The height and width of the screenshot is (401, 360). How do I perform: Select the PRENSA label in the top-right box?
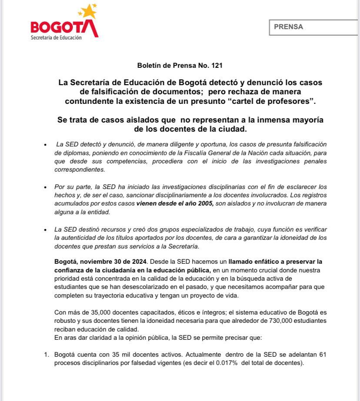(x=288, y=27)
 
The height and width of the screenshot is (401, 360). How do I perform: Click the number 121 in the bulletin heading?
(x=217, y=66)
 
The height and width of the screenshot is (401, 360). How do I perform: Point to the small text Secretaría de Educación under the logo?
(x=56, y=38)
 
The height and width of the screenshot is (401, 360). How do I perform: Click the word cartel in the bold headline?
(x=246, y=102)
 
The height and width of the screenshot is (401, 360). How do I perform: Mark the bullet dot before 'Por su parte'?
(x=45, y=186)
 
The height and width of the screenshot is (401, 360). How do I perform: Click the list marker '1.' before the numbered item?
(x=47, y=355)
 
